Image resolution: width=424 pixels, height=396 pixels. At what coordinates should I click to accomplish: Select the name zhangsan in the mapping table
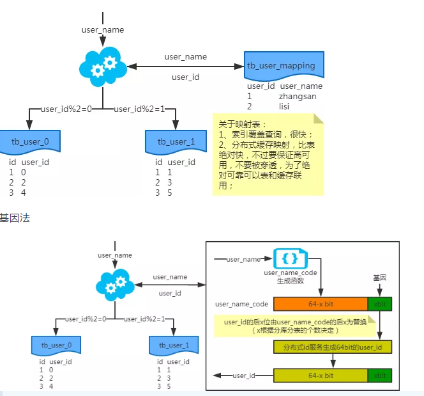click(298, 96)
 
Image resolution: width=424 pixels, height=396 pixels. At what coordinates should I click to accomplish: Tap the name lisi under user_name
click(284, 106)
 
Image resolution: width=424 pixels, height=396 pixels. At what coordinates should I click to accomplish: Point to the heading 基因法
click(15, 218)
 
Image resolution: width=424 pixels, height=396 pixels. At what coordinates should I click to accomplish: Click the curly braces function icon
click(289, 259)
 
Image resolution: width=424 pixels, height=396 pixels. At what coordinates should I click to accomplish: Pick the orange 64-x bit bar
click(321, 303)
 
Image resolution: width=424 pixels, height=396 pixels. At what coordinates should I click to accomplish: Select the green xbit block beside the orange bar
click(379, 303)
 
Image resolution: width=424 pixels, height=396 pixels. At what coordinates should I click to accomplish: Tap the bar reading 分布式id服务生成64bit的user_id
click(332, 347)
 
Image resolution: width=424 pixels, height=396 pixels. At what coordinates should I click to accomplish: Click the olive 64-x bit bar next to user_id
click(321, 376)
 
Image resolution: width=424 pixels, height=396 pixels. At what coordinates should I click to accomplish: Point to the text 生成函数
click(290, 281)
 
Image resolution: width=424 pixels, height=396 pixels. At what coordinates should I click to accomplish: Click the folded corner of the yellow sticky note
click(318, 118)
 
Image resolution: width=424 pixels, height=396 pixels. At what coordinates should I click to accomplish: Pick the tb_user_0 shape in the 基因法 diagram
click(56, 345)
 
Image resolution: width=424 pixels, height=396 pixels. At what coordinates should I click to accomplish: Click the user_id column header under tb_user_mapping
click(261, 86)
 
